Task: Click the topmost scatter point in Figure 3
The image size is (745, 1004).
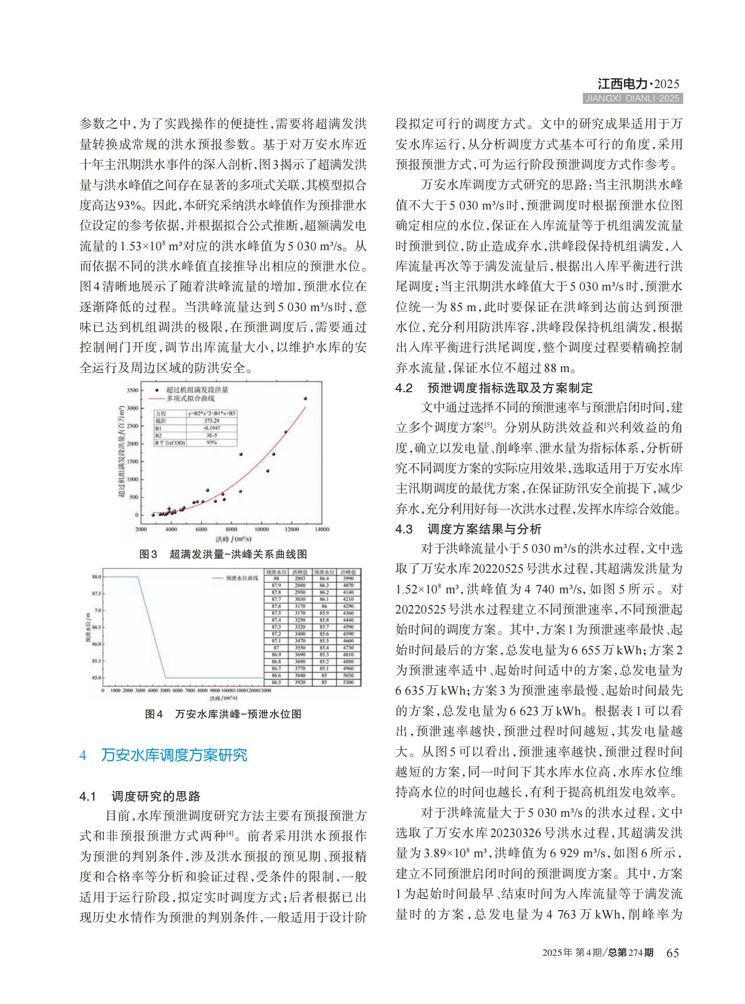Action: click(x=305, y=398)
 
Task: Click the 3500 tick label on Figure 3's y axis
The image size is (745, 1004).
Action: click(x=132, y=390)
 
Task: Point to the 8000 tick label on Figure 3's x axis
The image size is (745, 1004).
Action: click(x=231, y=529)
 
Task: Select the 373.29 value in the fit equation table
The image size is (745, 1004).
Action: click(x=212, y=421)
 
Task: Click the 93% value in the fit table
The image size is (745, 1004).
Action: click(x=212, y=443)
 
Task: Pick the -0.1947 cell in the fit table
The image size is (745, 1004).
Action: click(x=212, y=428)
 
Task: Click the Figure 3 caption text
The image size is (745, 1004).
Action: click(x=223, y=554)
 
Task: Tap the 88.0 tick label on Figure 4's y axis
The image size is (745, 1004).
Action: click(x=96, y=577)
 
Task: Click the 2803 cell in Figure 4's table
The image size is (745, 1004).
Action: click(x=300, y=578)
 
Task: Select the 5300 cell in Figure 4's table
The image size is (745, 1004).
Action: click(x=348, y=682)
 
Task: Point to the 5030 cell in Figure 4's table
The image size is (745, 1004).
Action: click(x=348, y=676)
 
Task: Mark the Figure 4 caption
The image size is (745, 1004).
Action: click(x=223, y=714)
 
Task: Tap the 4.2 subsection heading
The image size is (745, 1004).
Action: click(x=494, y=388)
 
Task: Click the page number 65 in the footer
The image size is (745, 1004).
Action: click(x=672, y=953)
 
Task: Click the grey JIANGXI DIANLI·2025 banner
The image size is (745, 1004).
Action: click(x=632, y=99)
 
